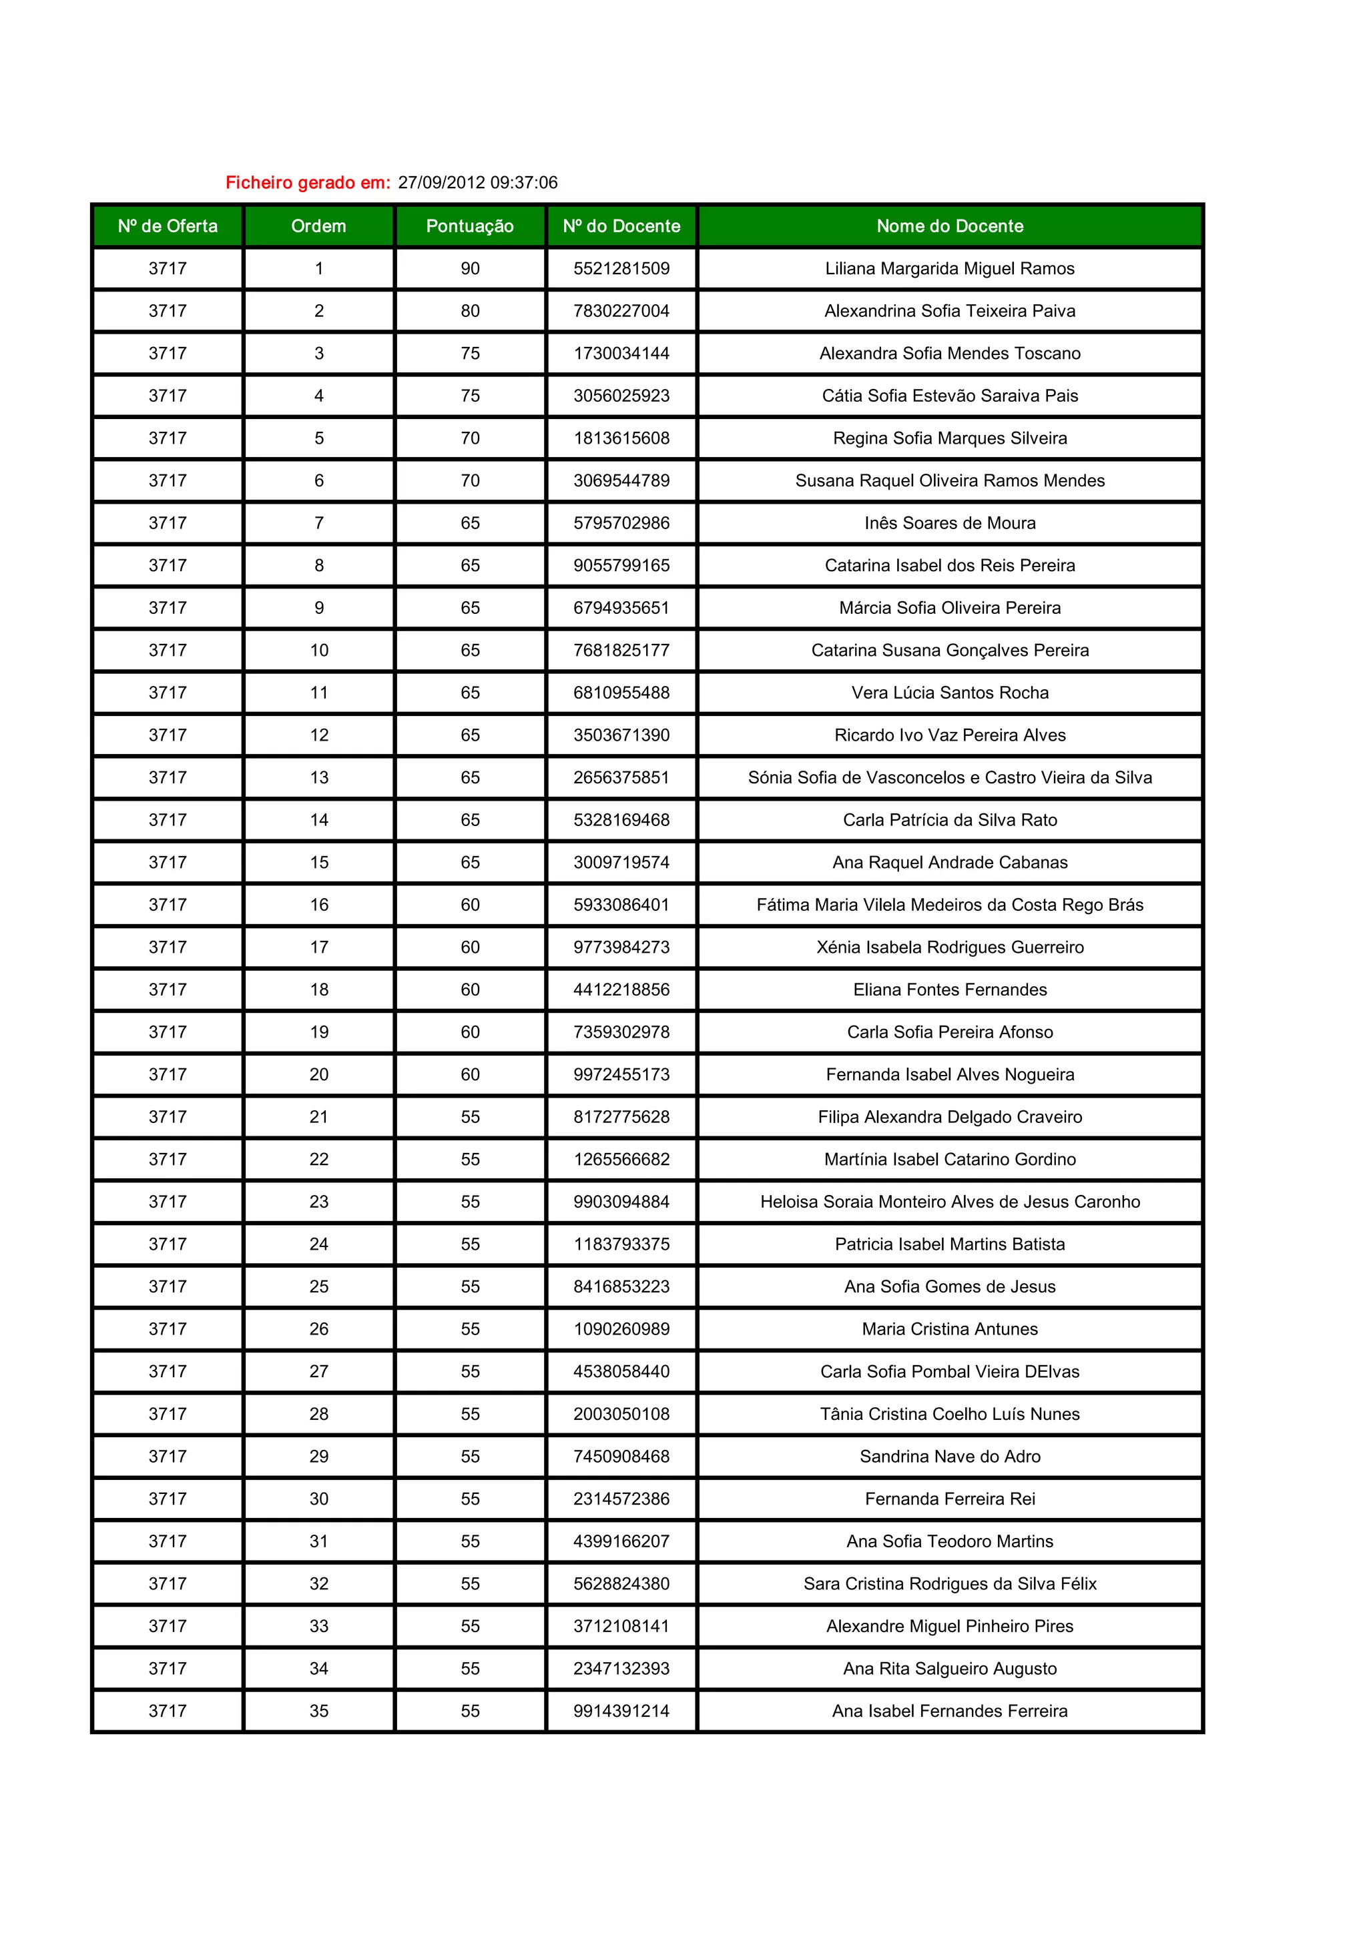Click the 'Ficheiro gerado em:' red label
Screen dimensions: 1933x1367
pyautogui.click(x=308, y=183)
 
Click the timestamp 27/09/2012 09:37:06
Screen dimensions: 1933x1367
pyautogui.click(x=477, y=183)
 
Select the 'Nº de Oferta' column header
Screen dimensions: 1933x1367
pyautogui.click(x=168, y=226)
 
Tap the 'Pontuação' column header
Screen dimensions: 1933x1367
pyautogui.click(x=470, y=226)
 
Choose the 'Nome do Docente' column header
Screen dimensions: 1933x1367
pyautogui.click(x=949, y=226)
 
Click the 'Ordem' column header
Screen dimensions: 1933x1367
pyautogui.click(x=318, y=226)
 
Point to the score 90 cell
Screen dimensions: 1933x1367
pyautogui.click(x=470, y=269)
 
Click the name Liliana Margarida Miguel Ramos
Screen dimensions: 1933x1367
pyautogui.click(x=949, y=269)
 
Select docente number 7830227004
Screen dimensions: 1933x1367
pyautogui.click(x=621, y=311)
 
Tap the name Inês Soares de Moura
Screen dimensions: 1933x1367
pyautogui.click(x=949, y=523)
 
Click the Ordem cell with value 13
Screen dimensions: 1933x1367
pyautogui.click(x=318, y=777)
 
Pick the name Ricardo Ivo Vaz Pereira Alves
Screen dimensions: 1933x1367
pyautogui.click(x=949, y=735)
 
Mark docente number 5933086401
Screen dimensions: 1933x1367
pyautogui.click(x=621, y=904)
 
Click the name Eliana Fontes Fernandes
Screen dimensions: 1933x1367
pyautogui.click(x=949, y=990)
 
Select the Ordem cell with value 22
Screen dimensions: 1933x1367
pyautogui.click(x=318, y=1159)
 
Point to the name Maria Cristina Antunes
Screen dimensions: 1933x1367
pyautogui.click(x=949, y=1328)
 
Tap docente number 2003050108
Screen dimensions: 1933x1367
pyautogui.click(x=621, y=1413)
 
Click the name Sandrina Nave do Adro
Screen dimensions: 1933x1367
pyautogui.click(x=949, y=1456)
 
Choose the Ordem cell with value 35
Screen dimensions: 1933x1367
pyautogui.click(x=318, y=1711)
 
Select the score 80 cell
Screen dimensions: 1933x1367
pyautogui.click(x=470, y=311)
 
